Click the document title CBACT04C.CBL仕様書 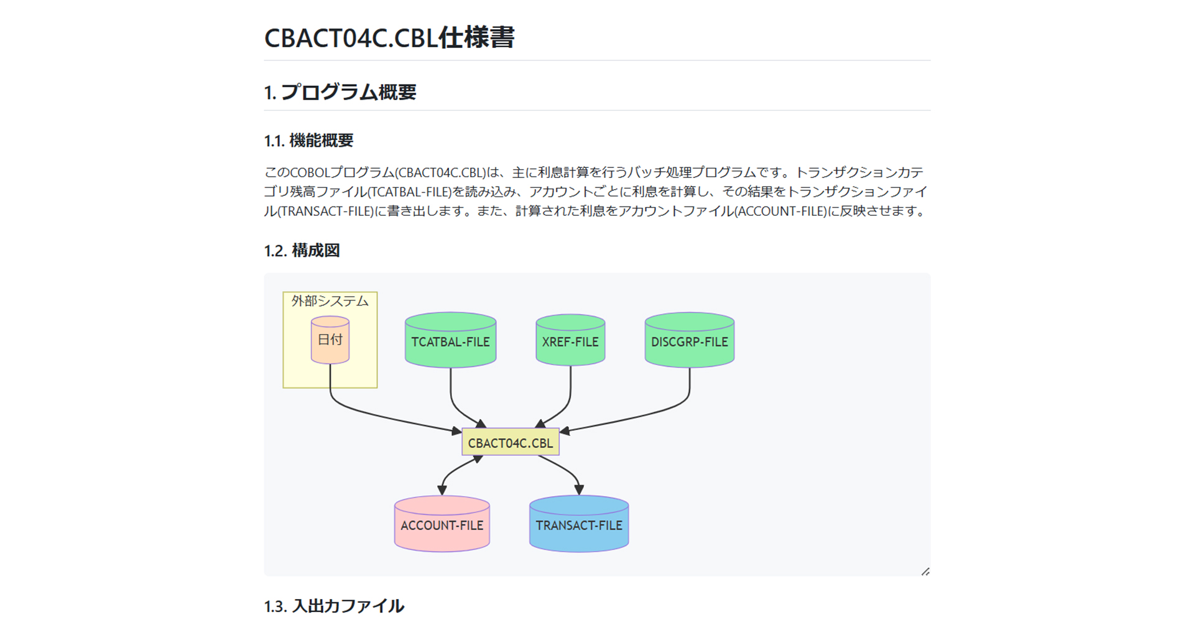(389, 37)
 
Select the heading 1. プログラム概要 (340, 92)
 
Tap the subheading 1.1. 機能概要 (308, 141)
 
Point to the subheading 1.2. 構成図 (302, 251)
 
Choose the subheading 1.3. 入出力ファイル (334, 606)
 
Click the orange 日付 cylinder (330, 340)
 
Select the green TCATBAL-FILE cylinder (451, 340)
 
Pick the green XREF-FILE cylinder (570, 340)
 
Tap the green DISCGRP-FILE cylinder (690, 340)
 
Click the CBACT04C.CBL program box (511, 442)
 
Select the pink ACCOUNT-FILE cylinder (442, 524)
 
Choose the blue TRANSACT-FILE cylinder (579, 524)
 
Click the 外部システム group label (330, 301)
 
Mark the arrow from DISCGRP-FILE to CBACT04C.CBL (647, 415)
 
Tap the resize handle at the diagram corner (925, 572)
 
